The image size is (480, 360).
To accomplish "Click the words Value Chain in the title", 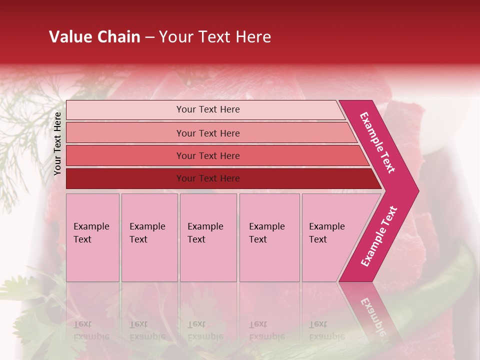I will coord(94,37).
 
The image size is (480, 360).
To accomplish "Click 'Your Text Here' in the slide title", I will coord(215,37).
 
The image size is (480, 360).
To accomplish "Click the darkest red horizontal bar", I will coord(125,178).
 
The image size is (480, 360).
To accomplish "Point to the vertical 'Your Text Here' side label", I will coord(57,143).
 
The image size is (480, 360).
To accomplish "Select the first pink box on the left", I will coord(92,237).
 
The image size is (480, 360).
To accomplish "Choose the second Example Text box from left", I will coord(149,237).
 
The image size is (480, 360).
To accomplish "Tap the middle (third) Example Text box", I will coord(208,237).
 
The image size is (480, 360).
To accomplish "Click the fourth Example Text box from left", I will coord(269,237).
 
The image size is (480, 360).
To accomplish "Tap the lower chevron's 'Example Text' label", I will coord(378,236).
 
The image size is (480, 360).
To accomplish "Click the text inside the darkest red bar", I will coord(208,178).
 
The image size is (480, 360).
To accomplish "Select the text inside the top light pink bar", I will coord(208,109).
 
